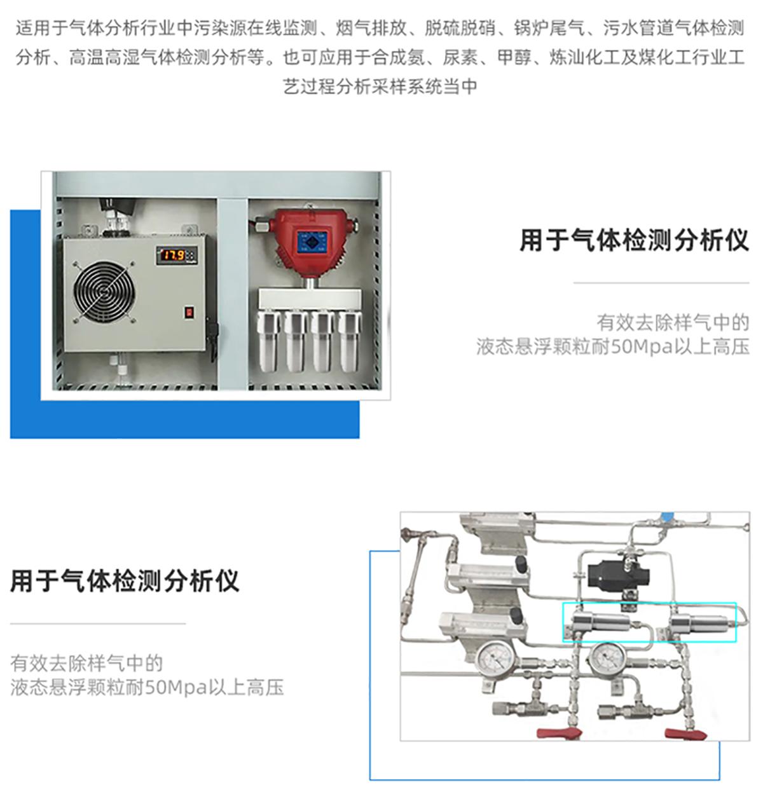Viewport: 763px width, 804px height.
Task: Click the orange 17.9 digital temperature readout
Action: [x=174, y=256]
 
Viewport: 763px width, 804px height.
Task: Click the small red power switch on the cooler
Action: [x=189, y=313]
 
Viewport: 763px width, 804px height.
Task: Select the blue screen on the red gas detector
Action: [x=312, y=242]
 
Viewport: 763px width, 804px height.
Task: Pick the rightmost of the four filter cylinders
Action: [x=349, y=340]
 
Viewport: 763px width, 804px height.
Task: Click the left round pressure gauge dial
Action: [x=495, y=660]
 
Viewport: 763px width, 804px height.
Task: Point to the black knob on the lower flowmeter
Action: [x=516, y=615]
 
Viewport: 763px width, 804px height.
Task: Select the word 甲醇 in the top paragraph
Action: [x=514, y=57]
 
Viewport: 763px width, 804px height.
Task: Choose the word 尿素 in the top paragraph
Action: [x=461, y=57]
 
